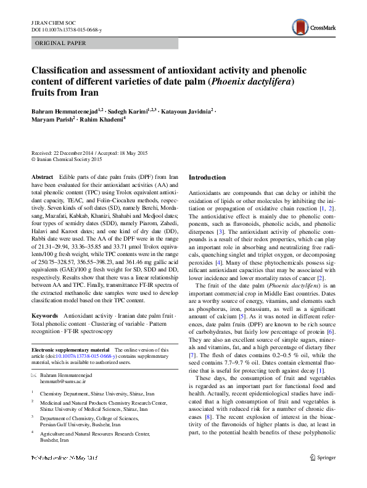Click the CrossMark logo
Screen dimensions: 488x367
tap(313, 25)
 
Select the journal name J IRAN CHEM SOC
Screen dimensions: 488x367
tap(52, 22)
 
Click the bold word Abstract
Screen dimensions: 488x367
tap(42, 177)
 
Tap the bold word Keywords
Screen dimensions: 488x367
tap(44, 315)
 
